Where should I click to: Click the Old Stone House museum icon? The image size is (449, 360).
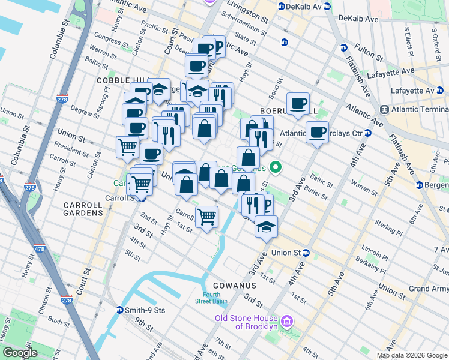[x=286, y=322]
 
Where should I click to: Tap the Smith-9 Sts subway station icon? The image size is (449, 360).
[x=121, y=310]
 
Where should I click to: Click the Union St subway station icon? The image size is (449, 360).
[x=306, y=253]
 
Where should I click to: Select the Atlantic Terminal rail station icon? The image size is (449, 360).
[x=385, y=110]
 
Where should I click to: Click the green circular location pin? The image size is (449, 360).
[x=276, y=167]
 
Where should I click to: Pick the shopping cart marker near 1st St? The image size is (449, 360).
[x=206, y=217]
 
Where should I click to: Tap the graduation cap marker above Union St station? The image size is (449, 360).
[x=265, y=226]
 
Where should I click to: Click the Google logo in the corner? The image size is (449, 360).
[x=20, y=353]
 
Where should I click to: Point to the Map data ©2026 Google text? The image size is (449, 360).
[x=411, y=355]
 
